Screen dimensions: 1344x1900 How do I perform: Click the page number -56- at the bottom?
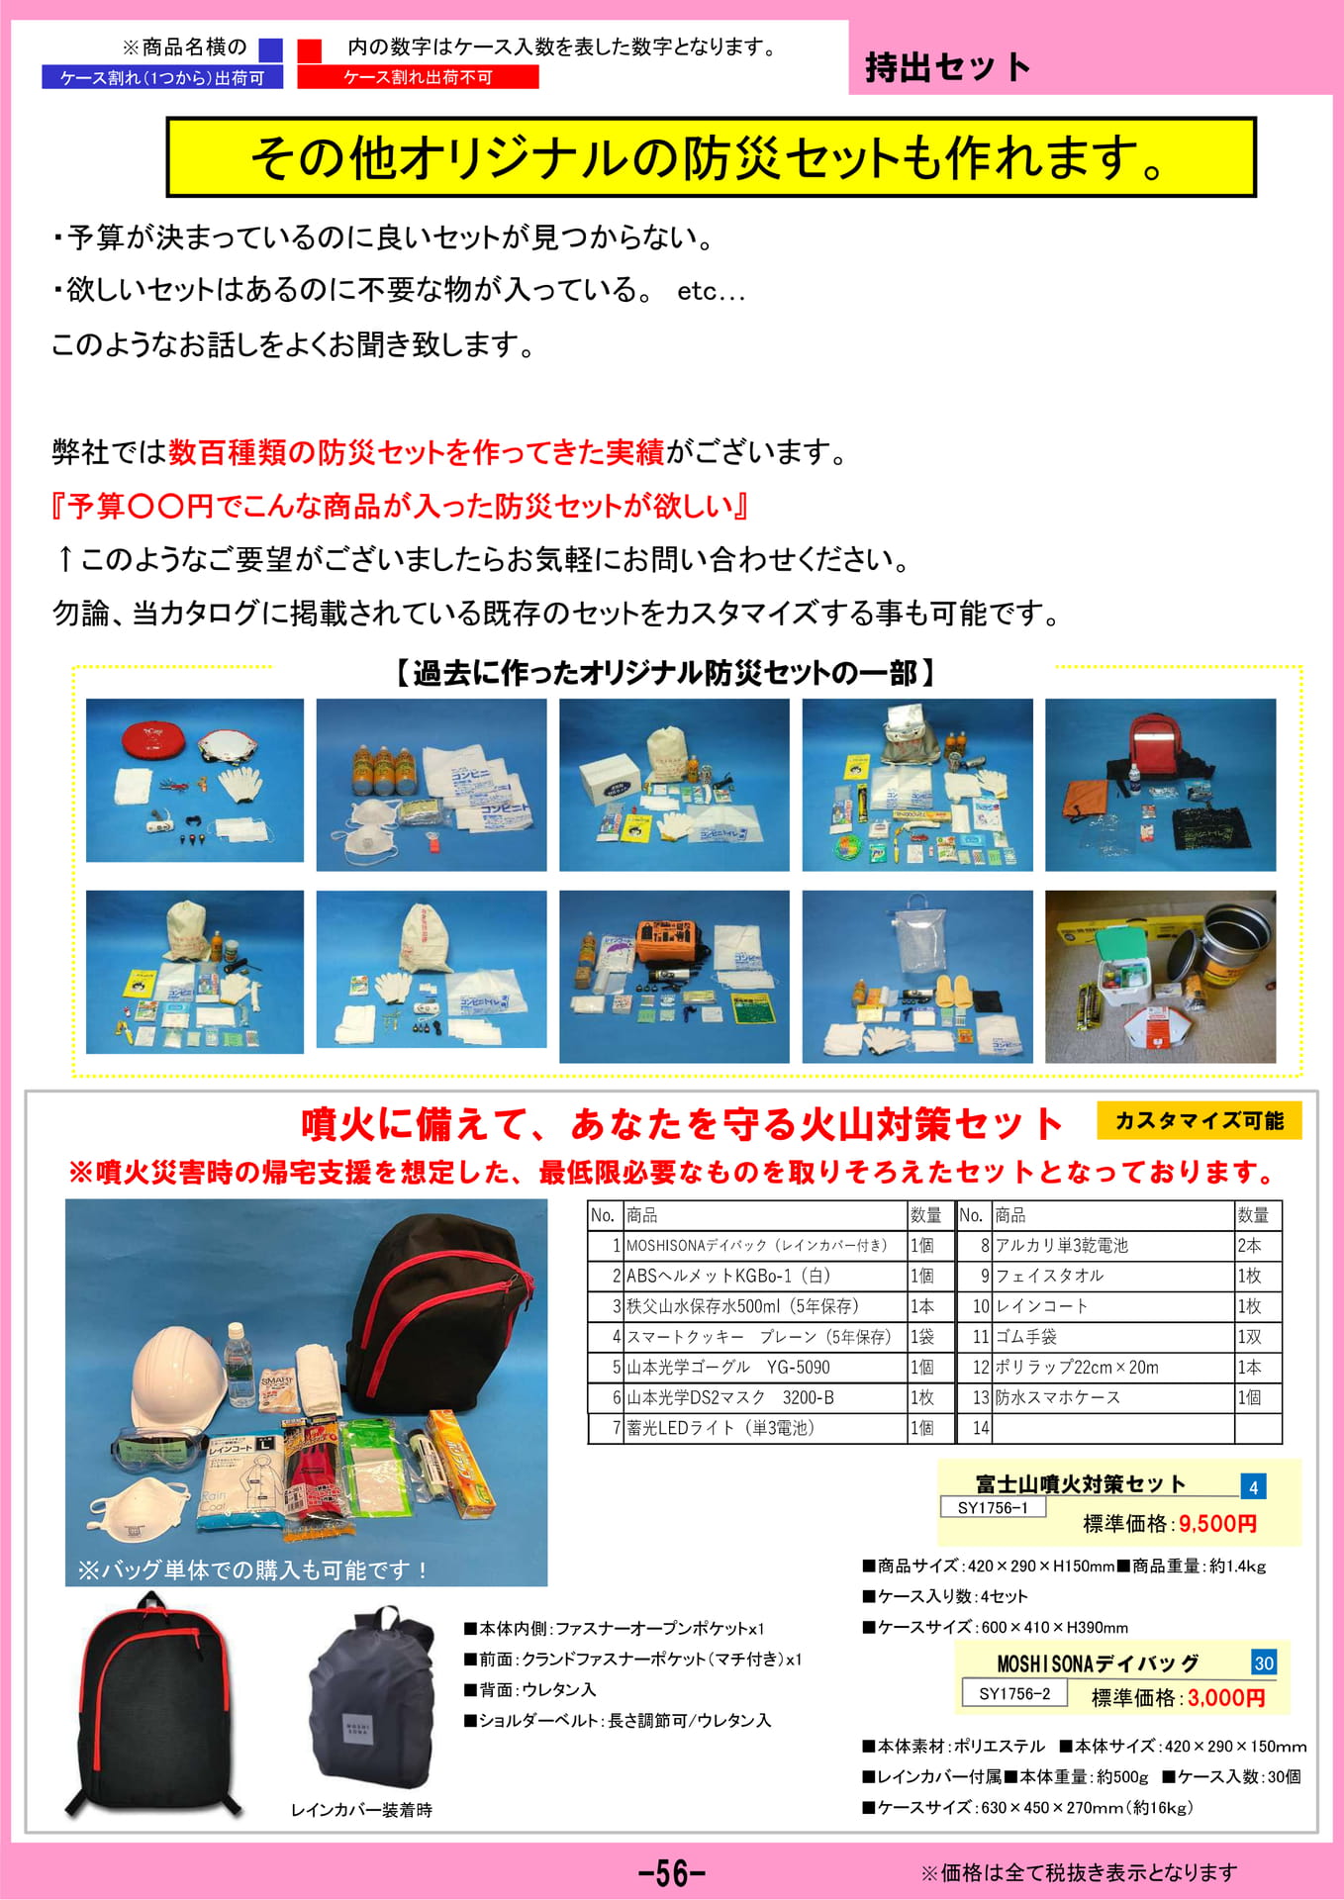[x=672, y=1872]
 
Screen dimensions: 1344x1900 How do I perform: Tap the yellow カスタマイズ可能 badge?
[x=1200, y=1120]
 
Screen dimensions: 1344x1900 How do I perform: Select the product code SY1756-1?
[x=993, y=1507]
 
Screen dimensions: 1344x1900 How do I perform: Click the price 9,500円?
[x=1217, y=1523]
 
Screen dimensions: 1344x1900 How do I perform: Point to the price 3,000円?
[x=1226, y=1698]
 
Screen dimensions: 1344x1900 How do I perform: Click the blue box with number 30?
[x=1264, y=1662]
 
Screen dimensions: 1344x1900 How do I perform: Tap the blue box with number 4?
[x=1254, y=1486]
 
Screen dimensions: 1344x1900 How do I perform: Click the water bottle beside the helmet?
[x=240, y=1365]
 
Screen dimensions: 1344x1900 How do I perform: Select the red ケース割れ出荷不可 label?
[x=418, y=77]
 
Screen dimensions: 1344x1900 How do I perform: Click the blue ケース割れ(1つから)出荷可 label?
[x=162, y=77]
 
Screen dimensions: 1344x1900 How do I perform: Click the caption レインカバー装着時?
[x=361, y=1810]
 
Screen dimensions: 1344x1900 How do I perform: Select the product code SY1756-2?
[x=1014, y=1693]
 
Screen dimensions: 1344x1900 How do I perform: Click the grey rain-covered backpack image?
[x=372, y=1696]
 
